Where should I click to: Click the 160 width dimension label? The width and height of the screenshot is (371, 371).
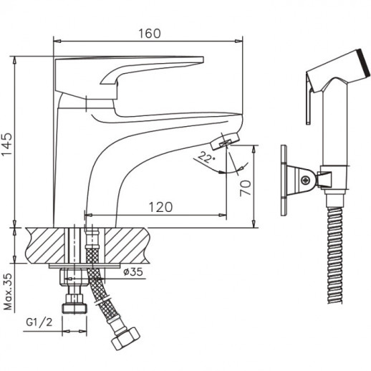point(150,34)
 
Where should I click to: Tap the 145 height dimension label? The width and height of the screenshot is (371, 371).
point(7,144)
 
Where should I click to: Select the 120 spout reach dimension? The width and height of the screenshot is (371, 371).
point(160,207)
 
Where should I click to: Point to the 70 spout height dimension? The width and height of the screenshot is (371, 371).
point(246,188)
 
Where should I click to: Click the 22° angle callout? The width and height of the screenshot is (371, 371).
point(206,157)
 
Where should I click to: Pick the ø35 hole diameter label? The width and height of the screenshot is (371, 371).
point(133,271)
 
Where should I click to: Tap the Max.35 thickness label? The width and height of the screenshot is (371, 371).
point(8,291)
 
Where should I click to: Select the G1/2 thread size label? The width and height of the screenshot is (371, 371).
point(39,323)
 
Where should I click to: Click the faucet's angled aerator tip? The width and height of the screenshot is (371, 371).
point(225,141)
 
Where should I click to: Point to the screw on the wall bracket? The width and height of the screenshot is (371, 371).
point(306,180)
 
